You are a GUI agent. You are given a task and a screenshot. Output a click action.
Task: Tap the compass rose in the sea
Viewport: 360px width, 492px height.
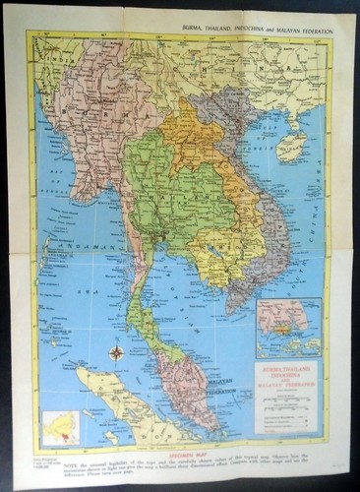(x=117, y=352)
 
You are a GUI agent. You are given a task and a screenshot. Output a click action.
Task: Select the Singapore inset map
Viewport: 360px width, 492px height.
(x=288, y=328)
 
